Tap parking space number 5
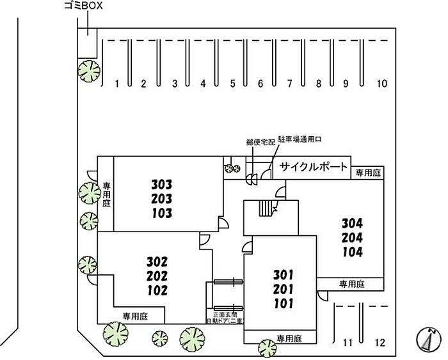tap(233, 84)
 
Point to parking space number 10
tap(382, 84)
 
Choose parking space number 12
tap(380, 343)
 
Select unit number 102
tap(156, 290)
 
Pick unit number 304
tap(352, 224)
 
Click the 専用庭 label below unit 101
tap(289, 338)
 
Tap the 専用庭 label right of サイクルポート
tap(369, 172)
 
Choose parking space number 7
tap(289, 84)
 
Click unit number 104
tap(352, 252)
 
